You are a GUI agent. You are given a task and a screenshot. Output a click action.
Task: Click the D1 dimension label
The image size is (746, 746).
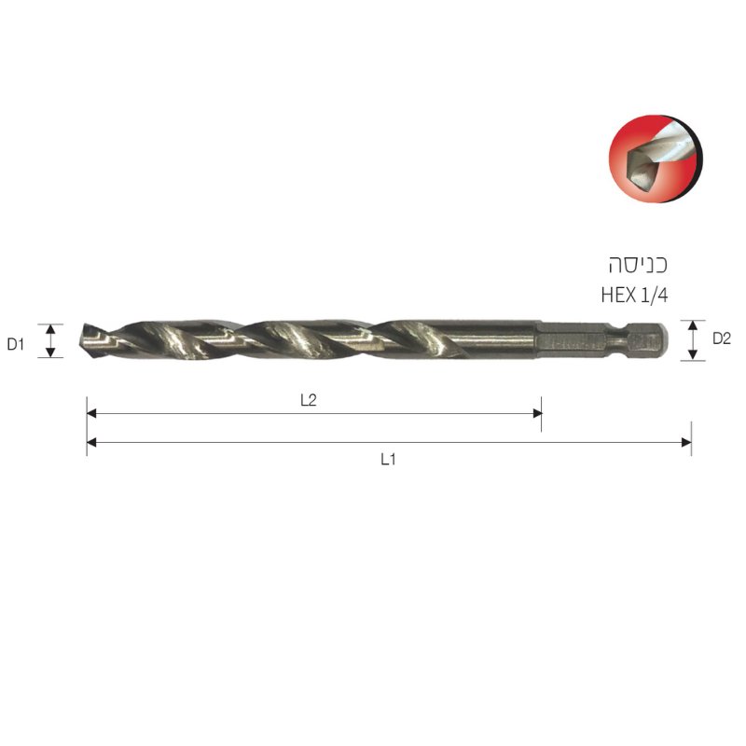click(15, 343)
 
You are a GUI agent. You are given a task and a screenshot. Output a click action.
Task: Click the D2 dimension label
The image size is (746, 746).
click(721, 338)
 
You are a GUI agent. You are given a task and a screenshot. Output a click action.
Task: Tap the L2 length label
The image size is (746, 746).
click(309, 400)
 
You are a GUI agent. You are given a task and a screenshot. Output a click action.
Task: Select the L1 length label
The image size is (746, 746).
click(388, 459)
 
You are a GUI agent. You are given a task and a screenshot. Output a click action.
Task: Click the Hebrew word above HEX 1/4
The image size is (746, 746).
click(638, 265)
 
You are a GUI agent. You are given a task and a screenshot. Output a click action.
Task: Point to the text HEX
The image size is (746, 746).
click(618, 295)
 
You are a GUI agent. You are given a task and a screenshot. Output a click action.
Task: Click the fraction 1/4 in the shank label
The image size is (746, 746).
click(655, 295)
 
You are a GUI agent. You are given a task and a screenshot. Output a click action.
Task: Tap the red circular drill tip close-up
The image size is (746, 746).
click(656, 159)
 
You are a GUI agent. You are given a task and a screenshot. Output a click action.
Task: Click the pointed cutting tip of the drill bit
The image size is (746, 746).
click(81, 339)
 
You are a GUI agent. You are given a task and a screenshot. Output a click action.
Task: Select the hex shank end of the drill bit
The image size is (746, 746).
click(601, 340)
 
